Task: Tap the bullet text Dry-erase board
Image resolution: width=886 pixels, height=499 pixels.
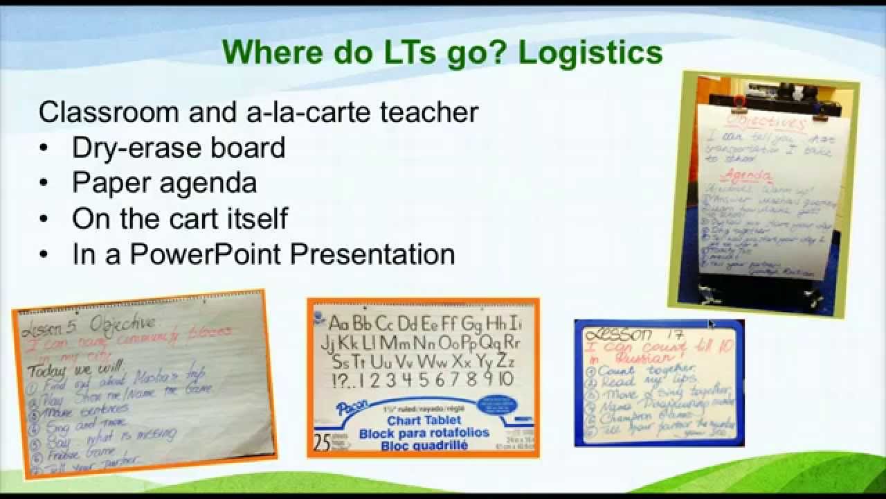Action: point(179,148)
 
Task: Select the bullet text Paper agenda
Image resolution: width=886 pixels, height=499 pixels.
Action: point(164,183)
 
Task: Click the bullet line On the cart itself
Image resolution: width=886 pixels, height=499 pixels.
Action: point(180,218)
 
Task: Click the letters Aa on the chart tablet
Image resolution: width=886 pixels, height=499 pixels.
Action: point(338,324)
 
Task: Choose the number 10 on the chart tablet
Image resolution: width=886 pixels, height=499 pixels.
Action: point(504,379)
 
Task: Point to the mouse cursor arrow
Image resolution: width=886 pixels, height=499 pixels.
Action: point(711,324)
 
